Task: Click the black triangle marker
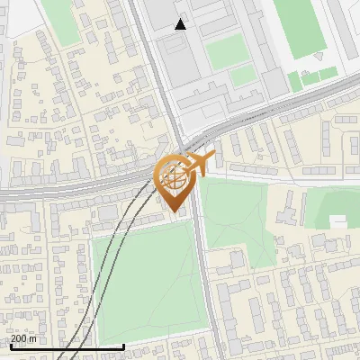[x=181, y=24]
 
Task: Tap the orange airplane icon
[x=199, y=164]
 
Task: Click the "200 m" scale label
[x=24, y=338]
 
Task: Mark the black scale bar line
[x=67, y=346]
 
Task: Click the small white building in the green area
[x=337, y=221]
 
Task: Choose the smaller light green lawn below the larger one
[x=243, y=77]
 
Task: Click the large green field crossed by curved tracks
[x=144, y=279]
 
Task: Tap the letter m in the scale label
[x=33, y=338]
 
